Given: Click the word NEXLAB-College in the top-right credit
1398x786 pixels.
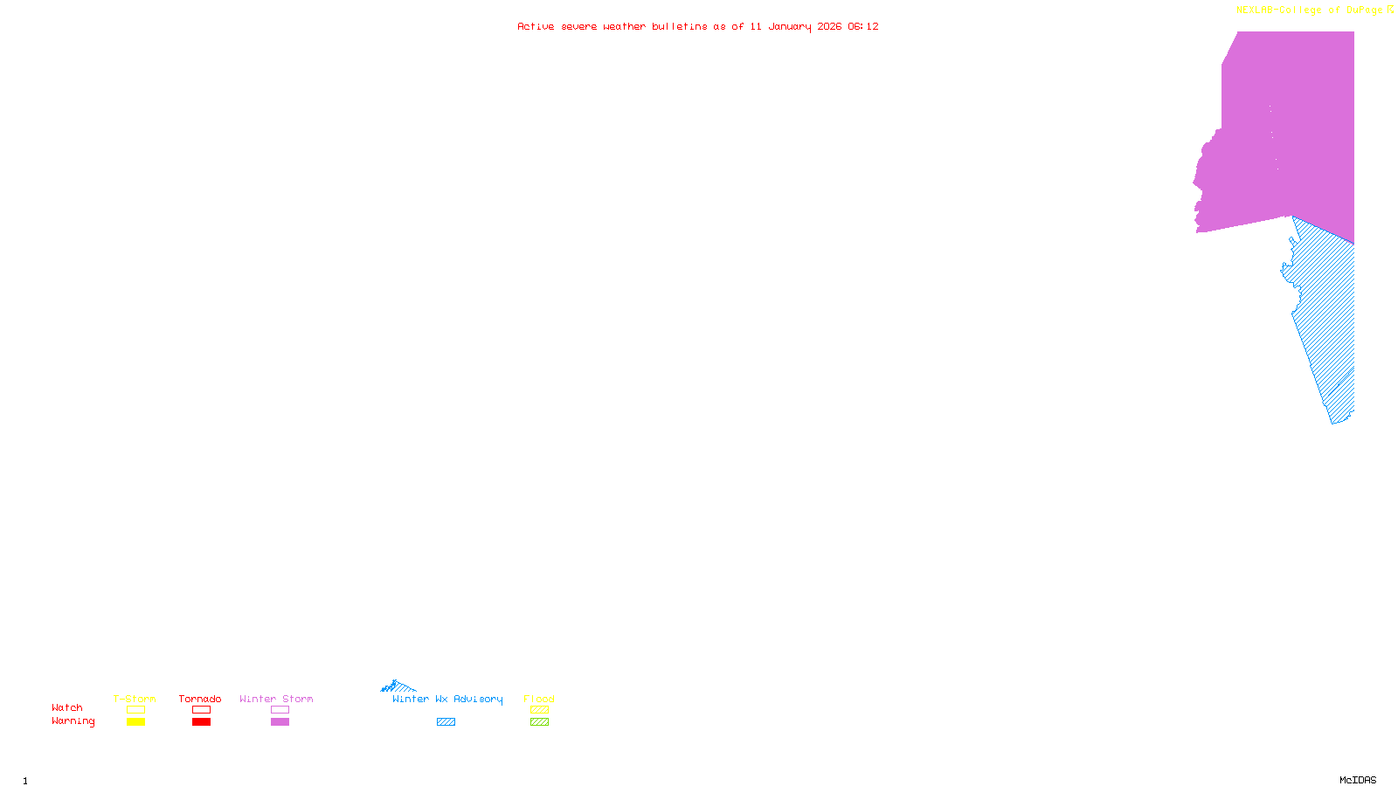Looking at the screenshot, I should coord(1278,10).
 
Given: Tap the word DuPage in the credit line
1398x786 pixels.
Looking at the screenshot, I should coord(1364,10).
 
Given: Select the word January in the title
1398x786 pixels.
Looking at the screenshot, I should coord(789,27).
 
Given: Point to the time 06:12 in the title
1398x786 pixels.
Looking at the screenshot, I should coord(862,27).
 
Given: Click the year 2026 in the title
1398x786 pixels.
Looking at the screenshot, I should coord(829,27).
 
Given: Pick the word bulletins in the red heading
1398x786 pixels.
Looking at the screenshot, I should coord(679,27).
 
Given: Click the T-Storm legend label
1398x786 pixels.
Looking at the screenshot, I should coord(135,699).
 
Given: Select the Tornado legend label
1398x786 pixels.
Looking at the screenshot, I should coord(200,699).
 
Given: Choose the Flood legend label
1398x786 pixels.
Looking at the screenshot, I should coord(539,699).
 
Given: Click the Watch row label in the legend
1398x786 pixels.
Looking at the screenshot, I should coord(67,708).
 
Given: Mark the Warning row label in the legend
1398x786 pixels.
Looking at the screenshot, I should coord(73,721).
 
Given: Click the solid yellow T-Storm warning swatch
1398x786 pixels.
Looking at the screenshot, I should coord(135,722).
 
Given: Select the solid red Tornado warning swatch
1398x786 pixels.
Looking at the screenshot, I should coord(201,722).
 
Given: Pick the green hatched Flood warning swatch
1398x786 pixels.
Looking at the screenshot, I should coord(540,722).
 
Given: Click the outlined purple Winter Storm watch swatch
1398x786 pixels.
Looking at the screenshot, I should coord(280,710).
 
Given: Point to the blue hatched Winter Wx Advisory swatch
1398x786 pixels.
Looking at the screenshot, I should coord(446,722).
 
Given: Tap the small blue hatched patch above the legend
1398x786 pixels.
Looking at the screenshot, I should coord(398,686).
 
